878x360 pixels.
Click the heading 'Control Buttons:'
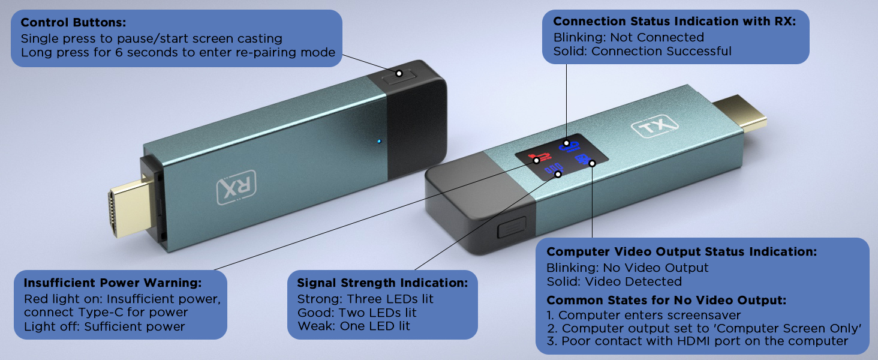pyautogui.click(x=73, y=23)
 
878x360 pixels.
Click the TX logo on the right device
pyautogui.click(x=654, y=127)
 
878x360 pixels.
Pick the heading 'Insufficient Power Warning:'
pyautogui.click(x=113, y=283)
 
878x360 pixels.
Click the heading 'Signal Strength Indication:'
pyautogui.click(x=382, y=283)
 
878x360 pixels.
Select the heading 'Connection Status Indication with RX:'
pyautogui.click(x=674, y=22)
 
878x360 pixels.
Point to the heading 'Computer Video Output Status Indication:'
pyautogui.click(x=681, y=252)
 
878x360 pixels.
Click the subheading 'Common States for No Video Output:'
pyautogui.click(x=666, y=301)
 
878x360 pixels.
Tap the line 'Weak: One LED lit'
pyautogui.click(x=354, y=326)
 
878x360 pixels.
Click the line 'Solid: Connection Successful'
pyautogui.click(x=642, y=51)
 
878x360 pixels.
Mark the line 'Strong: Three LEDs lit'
pyautogui.click(x=365, y=299)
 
